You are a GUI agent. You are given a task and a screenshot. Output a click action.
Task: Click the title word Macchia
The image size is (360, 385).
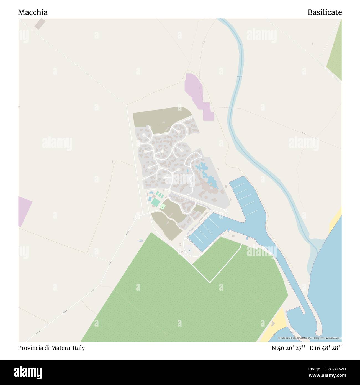33,12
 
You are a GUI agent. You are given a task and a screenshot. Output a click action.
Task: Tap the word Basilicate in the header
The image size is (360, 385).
325,12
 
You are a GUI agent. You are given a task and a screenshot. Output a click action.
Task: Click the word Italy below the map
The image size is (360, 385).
79,348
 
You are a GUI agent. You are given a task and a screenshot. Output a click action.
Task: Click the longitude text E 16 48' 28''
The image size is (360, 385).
326,348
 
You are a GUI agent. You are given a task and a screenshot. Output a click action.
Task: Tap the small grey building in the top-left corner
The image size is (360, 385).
40,24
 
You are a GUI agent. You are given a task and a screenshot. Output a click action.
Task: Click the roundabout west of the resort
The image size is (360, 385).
137,216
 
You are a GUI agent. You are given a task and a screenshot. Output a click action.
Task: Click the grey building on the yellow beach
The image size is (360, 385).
273,323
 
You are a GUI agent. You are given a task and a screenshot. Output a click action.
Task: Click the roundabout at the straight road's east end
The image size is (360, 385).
226,212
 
